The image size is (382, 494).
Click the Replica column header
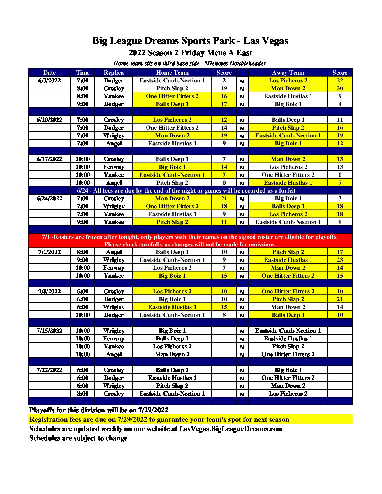pos(114,73)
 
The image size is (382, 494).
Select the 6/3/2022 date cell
pos(50,80)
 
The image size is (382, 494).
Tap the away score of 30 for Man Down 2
pos(340,88)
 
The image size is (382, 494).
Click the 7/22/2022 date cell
pos(50,370)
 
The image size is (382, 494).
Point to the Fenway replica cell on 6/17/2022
pos(114,167)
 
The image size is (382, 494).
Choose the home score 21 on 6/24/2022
pos(224,198)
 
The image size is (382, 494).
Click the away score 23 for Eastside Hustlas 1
pos(340,260)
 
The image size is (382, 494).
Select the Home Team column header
pos(172,73)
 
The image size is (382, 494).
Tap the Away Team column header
pos(288,73)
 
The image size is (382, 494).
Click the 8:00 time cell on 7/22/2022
pos(82,394)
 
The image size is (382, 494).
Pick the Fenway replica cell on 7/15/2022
pos(114,338)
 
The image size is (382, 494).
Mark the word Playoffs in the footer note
pos(42,410)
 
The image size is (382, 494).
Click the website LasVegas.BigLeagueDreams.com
pos(231,429)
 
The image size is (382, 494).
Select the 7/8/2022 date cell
pos(50,291)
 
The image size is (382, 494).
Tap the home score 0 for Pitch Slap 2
pos(224,183)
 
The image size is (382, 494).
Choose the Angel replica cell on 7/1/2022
pos(114,252)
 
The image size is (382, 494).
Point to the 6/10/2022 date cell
pos(50,120)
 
